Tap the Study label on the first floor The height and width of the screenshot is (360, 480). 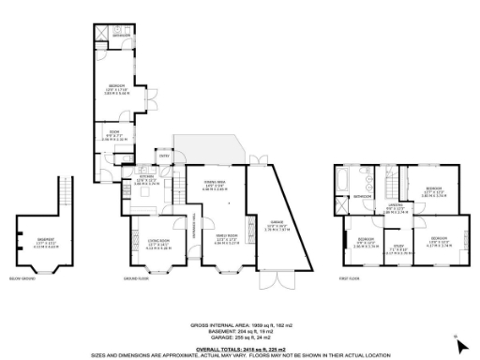coord(397,247)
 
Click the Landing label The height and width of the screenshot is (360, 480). coord(395,209)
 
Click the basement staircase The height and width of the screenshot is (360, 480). coord(65,197)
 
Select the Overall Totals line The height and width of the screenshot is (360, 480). coord(240,347)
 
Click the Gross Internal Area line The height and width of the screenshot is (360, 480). coord(240,324)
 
